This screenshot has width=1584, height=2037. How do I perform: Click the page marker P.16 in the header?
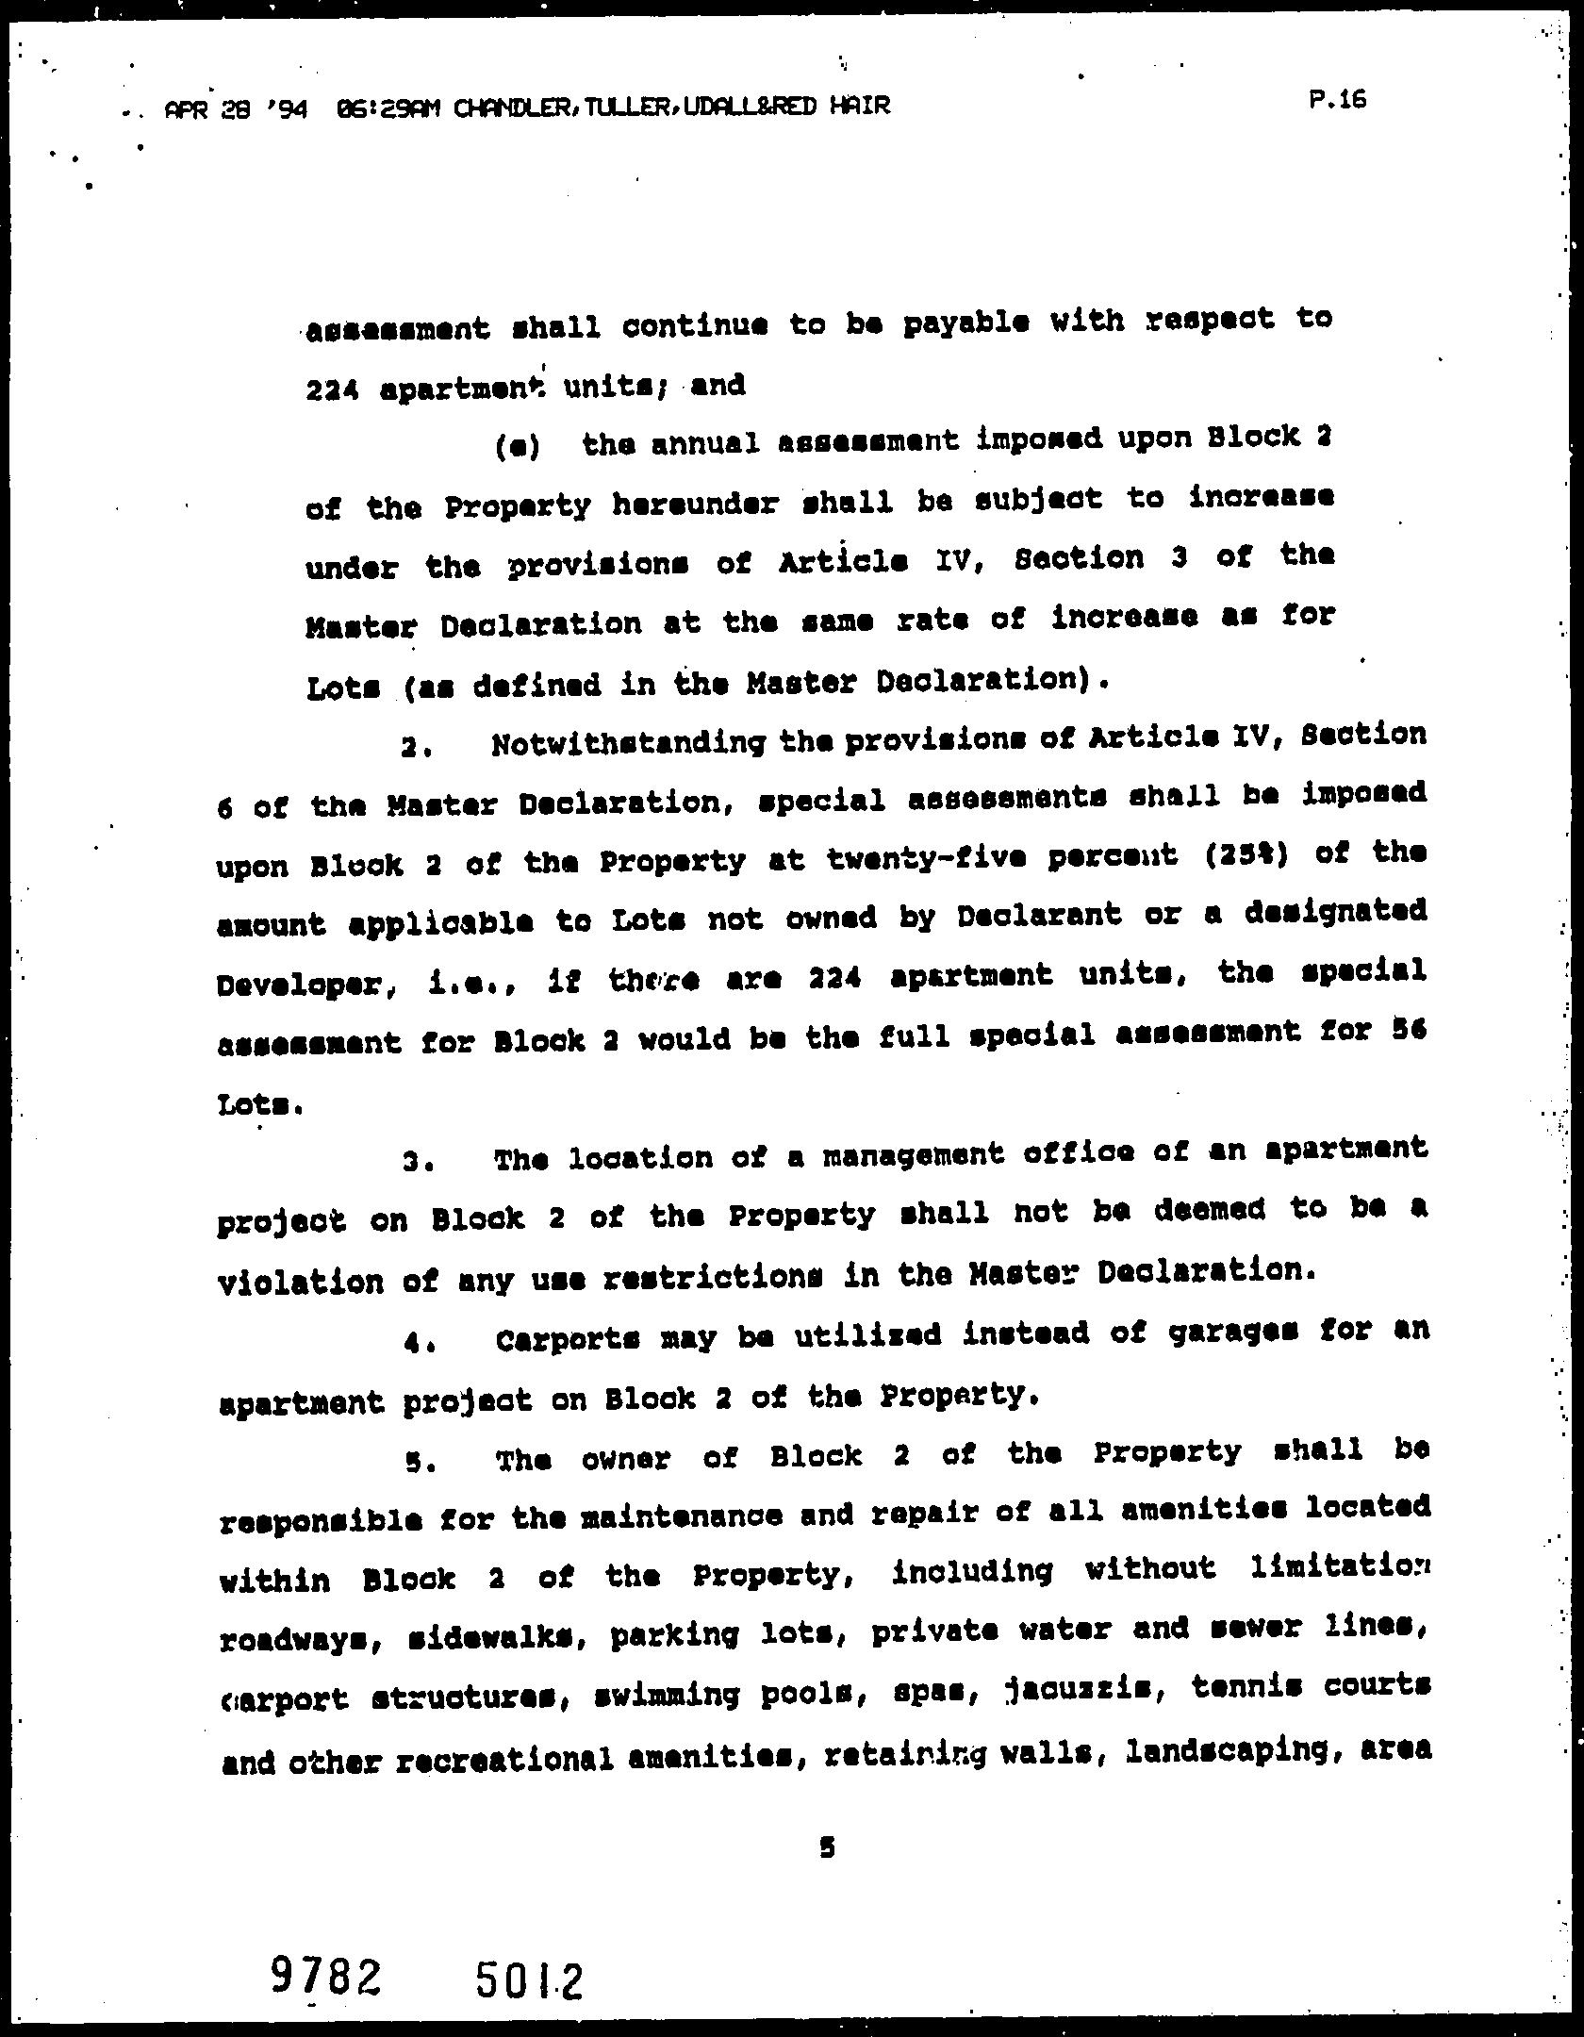click(x=1338, y=100)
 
